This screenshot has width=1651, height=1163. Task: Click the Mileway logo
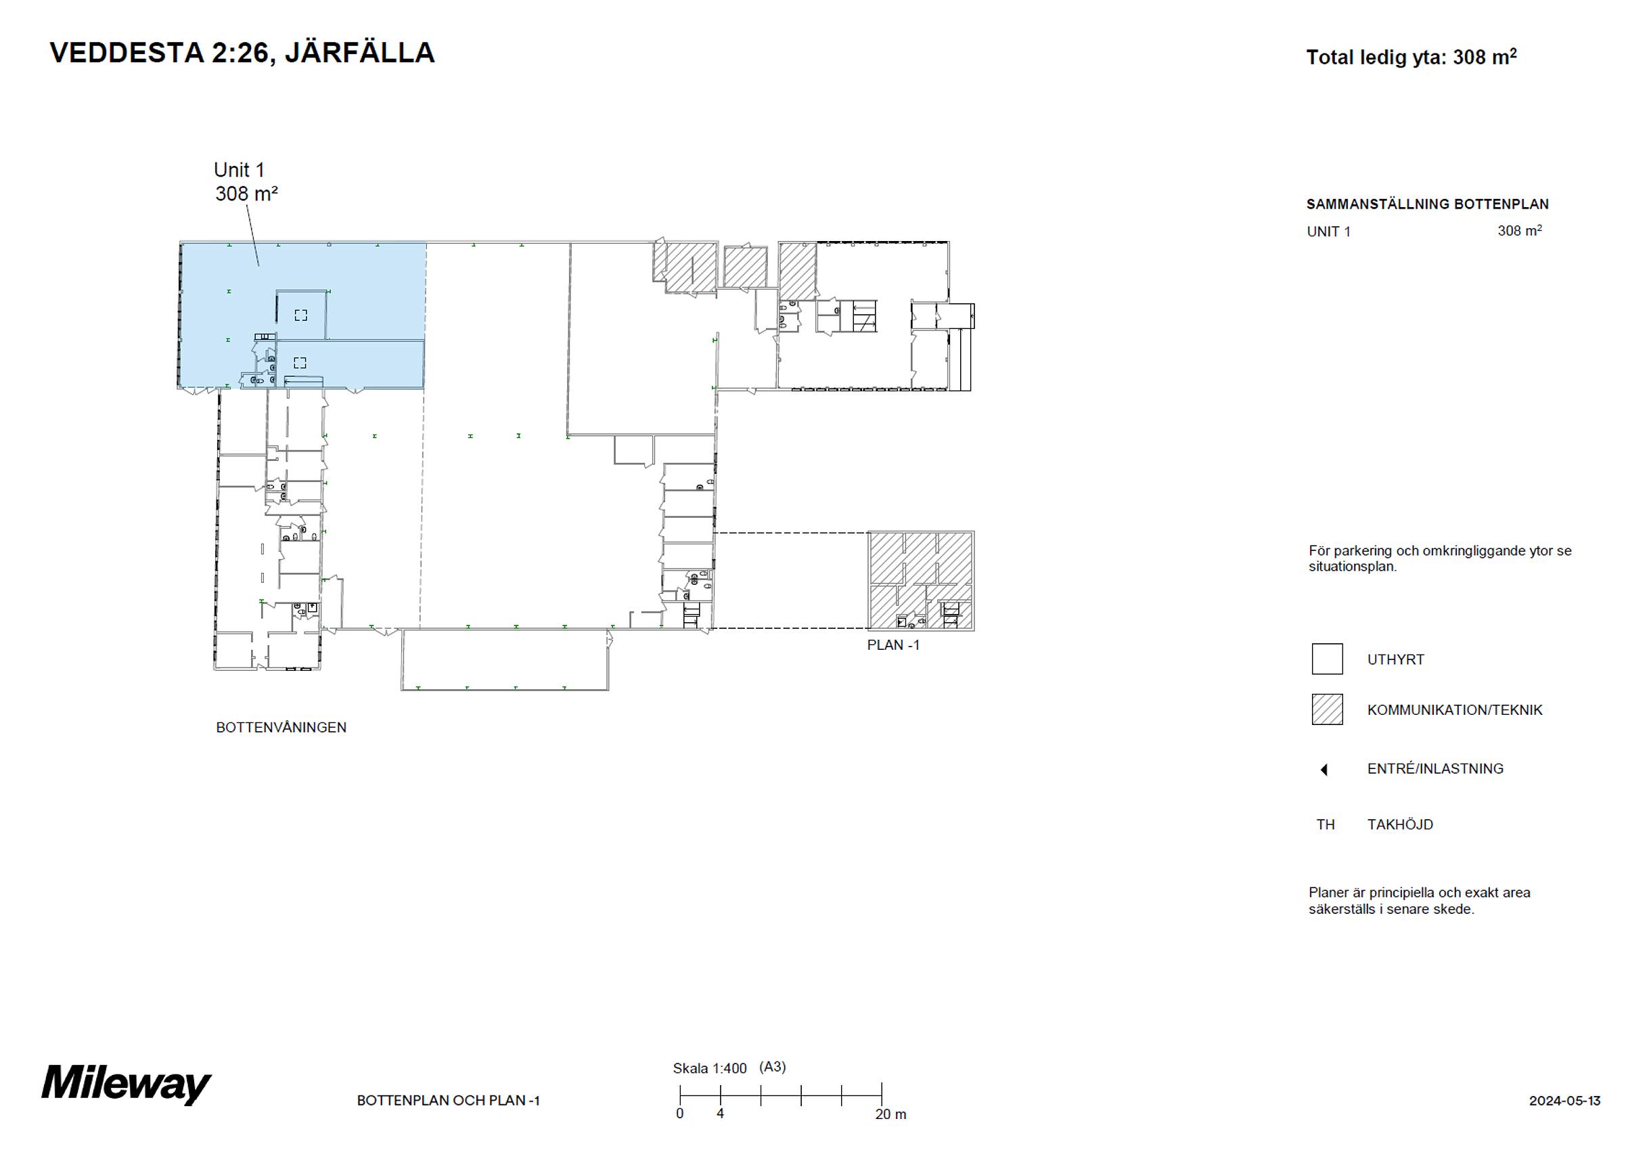(126, 1084)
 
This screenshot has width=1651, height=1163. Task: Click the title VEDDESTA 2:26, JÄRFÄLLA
(242, 53)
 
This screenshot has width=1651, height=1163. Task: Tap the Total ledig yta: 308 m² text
(1411, 58)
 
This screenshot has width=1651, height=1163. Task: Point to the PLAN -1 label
(893, 645)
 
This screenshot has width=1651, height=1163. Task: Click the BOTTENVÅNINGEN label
(281, 727)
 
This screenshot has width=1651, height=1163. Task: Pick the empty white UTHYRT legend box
(1327, 659)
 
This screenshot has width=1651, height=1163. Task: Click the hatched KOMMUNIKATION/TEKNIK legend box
(1327, 709)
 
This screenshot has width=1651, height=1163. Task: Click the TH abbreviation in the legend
(1326, 825)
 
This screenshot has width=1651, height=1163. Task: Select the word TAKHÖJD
(1400, 825)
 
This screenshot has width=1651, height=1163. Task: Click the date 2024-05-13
(1564, 1101)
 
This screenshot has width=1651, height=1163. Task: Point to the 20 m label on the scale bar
(890, 1114)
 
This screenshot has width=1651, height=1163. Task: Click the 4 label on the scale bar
(720, 1114)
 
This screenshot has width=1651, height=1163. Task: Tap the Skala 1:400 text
(710, 1069)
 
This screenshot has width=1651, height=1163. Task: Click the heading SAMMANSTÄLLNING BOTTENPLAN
(1427, 204)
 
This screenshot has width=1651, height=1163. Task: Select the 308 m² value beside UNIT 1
(1520, 231)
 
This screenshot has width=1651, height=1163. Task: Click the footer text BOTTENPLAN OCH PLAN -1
(448, 1101)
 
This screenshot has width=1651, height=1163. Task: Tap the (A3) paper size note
(772, 1068)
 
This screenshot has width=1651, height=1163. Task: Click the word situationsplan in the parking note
(1353, 567)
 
